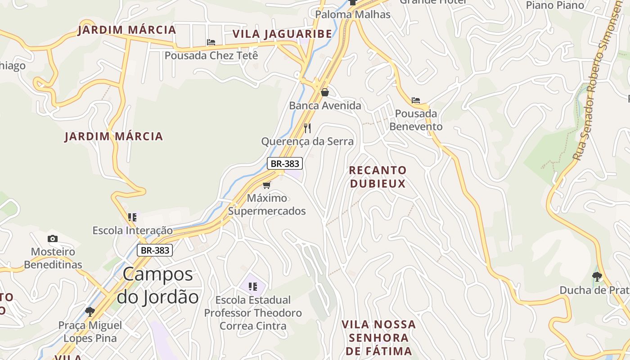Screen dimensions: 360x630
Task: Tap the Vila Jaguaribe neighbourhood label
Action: click(282, 34)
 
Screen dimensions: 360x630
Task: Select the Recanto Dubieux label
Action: click(378, 177)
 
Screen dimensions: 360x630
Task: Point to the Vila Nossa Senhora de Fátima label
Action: click(378, 337)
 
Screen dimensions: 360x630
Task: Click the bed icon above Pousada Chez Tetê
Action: click(211, 42)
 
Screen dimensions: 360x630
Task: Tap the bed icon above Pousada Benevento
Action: click(416, 100)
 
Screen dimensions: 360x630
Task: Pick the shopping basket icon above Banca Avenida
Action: click(325, 92)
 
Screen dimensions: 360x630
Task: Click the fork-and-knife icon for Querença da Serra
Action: click(307, 128)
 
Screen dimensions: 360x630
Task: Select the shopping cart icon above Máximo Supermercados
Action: click(267, 185)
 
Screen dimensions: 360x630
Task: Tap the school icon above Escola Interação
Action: click(132, 217)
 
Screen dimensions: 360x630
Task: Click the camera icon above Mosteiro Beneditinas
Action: click(53, 238)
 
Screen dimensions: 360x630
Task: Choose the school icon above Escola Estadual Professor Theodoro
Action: click(252, 286)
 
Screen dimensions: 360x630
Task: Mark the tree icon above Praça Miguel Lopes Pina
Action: click(90, 311)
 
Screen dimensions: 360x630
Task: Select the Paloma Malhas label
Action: click(352, 14)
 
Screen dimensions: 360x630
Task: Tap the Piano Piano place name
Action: click(555, 5)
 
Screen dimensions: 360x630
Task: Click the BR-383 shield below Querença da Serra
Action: click(285, 163)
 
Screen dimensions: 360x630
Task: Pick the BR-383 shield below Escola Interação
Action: click(155, 250)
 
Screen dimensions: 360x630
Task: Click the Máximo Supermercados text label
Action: click(267, 204)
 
